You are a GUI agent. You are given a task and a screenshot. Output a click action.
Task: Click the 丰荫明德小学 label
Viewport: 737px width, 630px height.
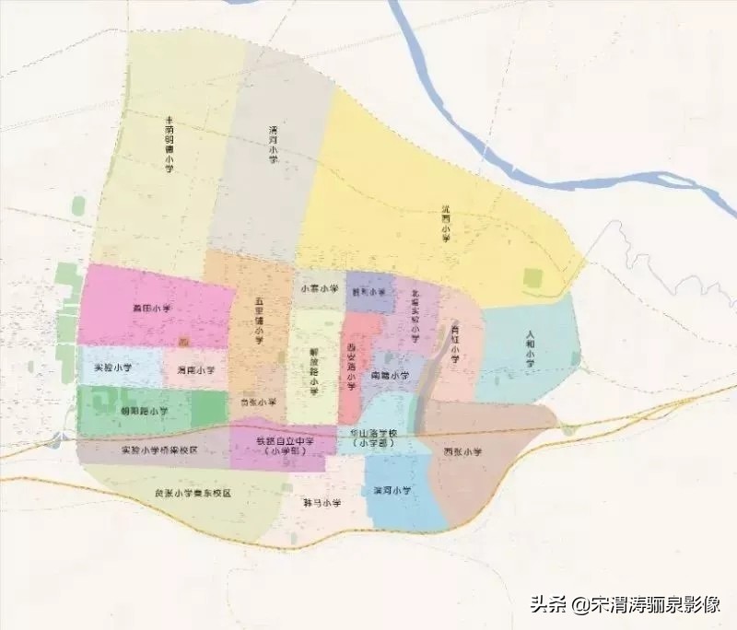pos(169,145)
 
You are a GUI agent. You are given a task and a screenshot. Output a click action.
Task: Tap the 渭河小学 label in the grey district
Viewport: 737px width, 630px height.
pos(274,145)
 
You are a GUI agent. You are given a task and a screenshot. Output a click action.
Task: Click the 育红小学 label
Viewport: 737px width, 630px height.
pos(455,343)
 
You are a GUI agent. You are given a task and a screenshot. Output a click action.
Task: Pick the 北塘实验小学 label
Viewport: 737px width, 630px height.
pos(415,318)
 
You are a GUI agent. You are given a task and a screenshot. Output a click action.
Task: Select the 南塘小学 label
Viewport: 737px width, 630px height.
pos(391,376)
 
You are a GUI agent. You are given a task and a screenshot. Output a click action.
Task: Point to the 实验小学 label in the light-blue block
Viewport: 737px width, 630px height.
pos(113,367)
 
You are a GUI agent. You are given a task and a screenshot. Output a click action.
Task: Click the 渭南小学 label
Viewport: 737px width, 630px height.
pos(195,370)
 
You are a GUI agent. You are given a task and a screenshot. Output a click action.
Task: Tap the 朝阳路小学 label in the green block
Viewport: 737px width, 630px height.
pos(145,411)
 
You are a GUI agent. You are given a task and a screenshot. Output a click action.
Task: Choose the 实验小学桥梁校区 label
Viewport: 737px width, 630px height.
pos(159,449)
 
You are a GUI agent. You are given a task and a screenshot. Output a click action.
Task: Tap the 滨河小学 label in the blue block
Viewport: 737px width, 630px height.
pos(392,491)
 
